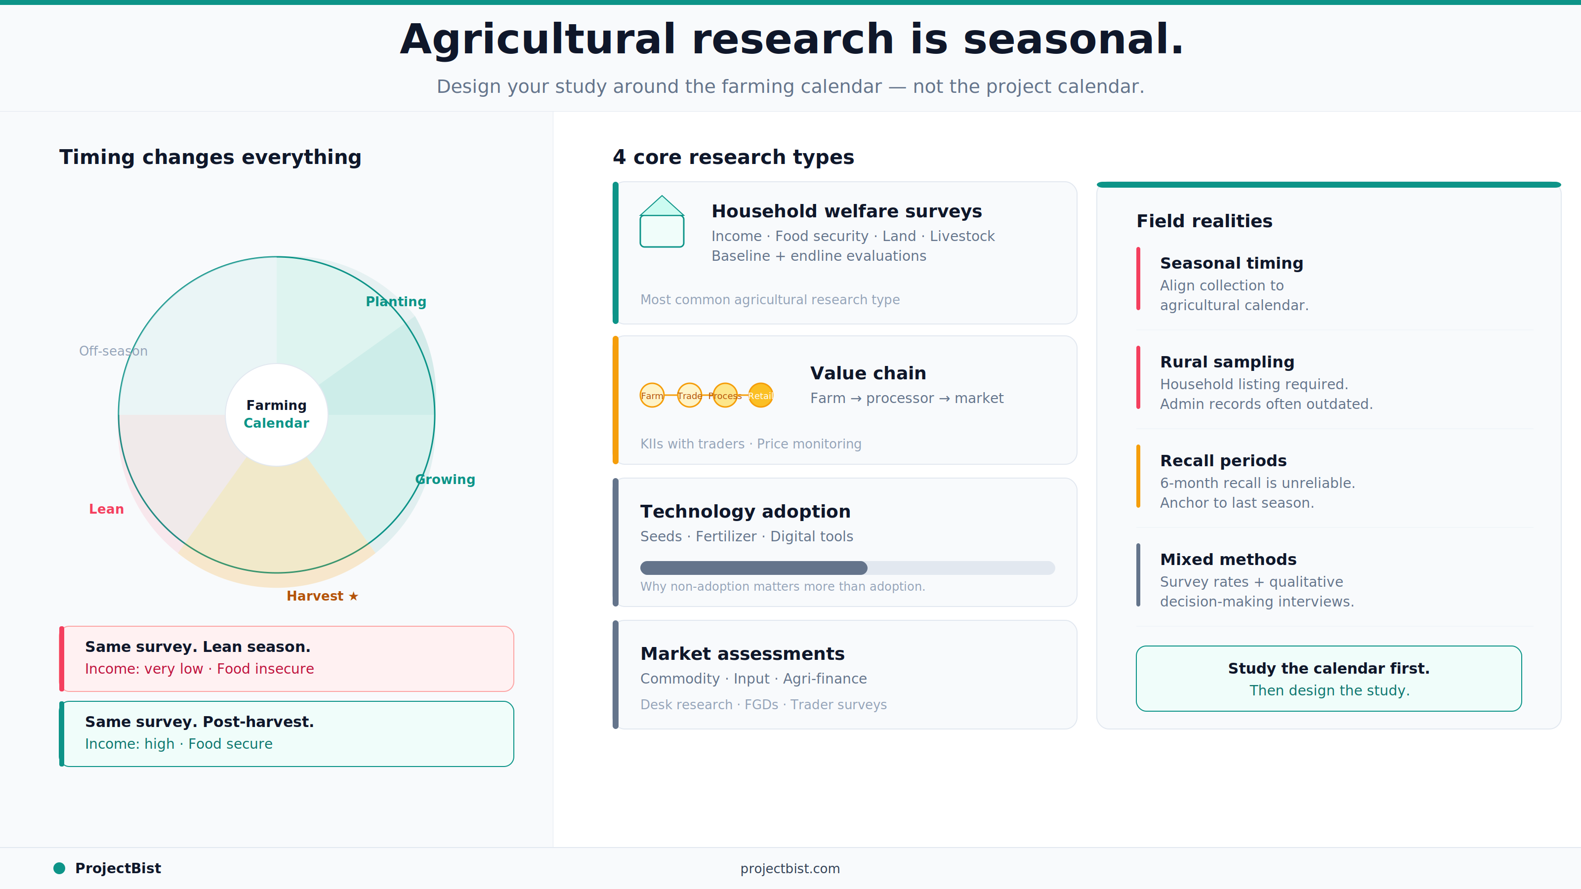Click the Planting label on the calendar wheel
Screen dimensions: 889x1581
tap(396, 302)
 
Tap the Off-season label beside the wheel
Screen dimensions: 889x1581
tap(113, 351)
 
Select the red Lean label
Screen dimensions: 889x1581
tap(106, 509)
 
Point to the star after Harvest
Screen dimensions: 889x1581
tap(354, 596)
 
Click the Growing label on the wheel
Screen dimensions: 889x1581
tap(445, 479)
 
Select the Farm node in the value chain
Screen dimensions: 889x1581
tap(652, 396)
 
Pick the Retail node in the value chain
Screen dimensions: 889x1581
tap(760, 396)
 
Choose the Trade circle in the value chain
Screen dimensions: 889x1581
tap(689, 396)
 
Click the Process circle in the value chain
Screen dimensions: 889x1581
tap(725, 396)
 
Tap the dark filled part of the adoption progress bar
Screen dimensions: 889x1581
tap(753, 568)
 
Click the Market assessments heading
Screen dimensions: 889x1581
tap(742, 654)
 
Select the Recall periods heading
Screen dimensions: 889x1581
tap(1223, 461)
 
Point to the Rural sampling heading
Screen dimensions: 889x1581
tap(1227, 362)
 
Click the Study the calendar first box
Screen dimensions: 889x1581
tap(1328, 679)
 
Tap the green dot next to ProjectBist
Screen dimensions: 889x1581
tap(59, 868)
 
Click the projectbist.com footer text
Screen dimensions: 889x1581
tap(790, 869)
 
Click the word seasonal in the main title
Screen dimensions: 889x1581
tap(1073, 40)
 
